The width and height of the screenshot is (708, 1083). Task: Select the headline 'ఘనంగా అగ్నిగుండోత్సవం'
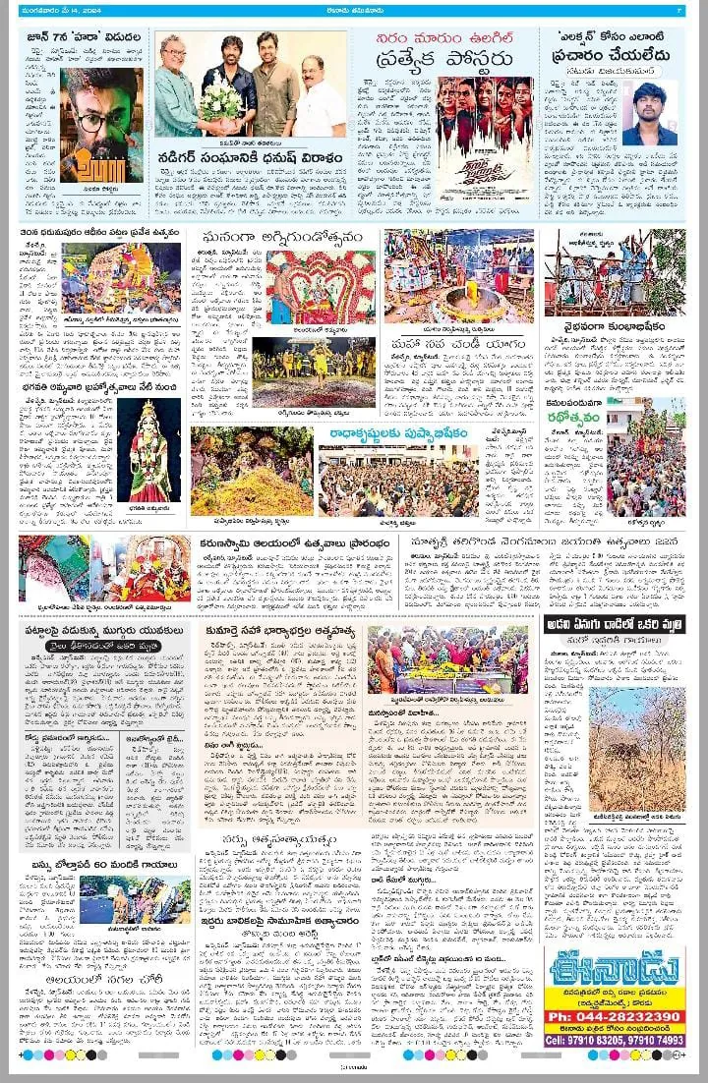[x=306, y=238]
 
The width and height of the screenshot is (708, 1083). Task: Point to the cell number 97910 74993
[x=648, y=1040]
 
